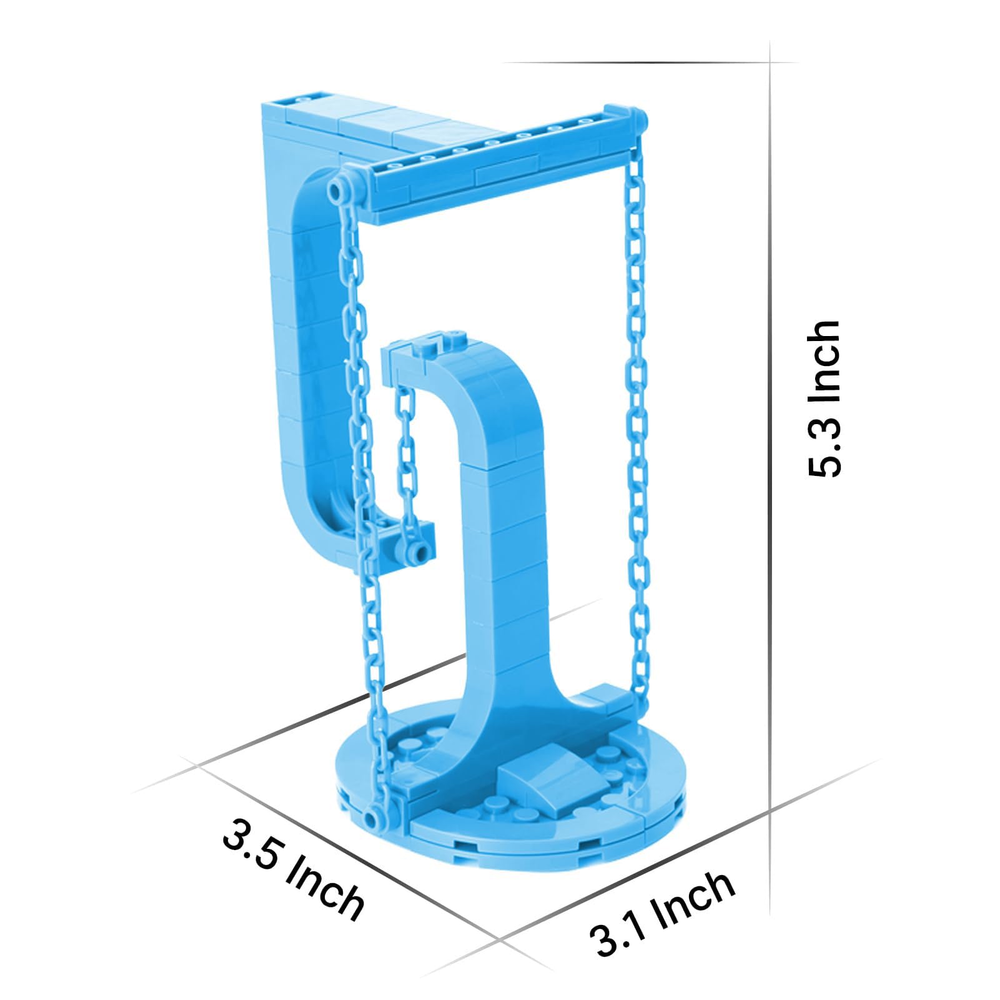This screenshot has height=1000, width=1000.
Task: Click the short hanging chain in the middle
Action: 406,462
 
